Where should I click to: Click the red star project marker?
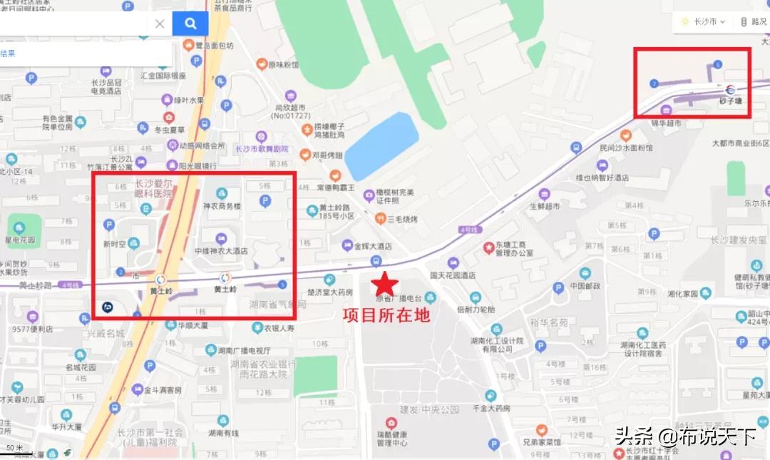(x=384, y=285)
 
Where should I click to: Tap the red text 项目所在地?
(x=386, y=315)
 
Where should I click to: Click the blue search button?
(x=190, y=24)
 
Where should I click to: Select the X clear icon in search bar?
(x=160, y=24)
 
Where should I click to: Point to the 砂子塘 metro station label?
(x=729, y=101)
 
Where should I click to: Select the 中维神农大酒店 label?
(x=221, y=251)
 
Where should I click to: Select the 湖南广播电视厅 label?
(x=244, y=350)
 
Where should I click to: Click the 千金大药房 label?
(x=491, y=409)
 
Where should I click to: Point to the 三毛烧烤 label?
(x=401, y=218)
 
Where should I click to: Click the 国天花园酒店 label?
(x=453, y=275)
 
